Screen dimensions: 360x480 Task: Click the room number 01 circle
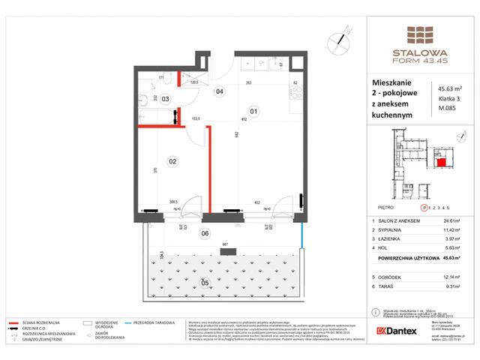coord(253,113)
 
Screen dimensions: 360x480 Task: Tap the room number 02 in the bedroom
coord(172,160)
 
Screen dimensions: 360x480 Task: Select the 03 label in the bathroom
coord(166,98)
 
